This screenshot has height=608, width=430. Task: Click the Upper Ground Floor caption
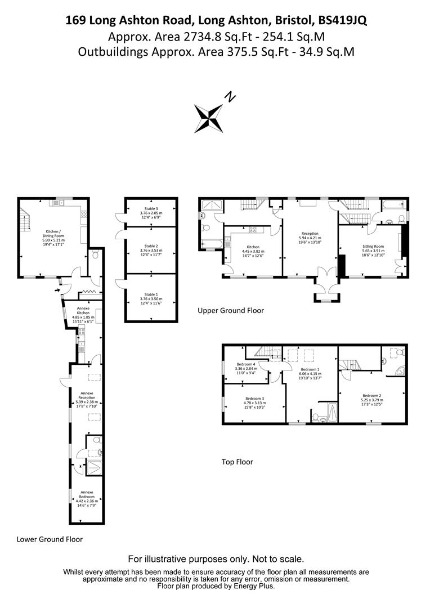[x=231, y=310]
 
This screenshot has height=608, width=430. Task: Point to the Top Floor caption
[x=237, y=462]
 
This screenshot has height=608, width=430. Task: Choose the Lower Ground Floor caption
[x=50, y=539]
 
